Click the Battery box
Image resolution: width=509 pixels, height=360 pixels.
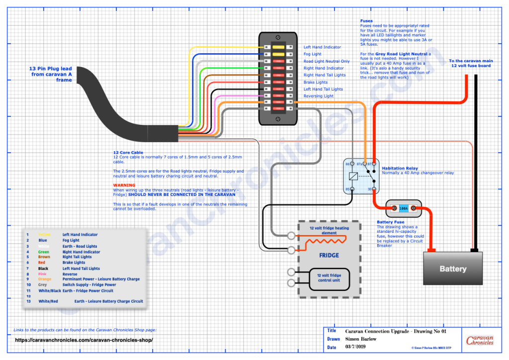pyautogui.click(x=452, y=269)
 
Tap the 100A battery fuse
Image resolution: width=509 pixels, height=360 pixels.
pyautogui.click(x=403, y=209)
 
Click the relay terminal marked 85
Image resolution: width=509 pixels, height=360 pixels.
pyautogui.click(x=352, y=189)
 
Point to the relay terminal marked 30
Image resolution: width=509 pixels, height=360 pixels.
pyautogui.click(x=371, y=189)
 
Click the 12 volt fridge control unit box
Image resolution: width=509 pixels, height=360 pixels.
pyautogui.click(x=329, y=277)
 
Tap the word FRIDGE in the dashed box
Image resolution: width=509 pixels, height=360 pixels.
pyautogui.click(x=329, y=255)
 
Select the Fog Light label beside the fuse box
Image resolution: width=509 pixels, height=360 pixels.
pyautogui.click(x=312, y=54)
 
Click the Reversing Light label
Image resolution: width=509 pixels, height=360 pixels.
pyautogui.click(x=319, y=96)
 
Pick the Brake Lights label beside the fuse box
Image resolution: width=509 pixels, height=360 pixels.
pyautogui.click(x=316, y=82)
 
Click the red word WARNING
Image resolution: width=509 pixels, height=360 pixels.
pyautogui.click(x=124, y=185)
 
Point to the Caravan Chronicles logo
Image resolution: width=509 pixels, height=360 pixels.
pyautogui.click(x=480, y=340)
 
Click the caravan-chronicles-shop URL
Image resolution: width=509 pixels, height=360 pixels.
pyautogui.click(x=83, y=340)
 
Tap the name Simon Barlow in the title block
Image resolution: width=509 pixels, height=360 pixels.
pyautogui.click(x=360, y=339)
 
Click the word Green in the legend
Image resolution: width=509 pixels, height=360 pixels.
pyautogui.click(x=44, y=252)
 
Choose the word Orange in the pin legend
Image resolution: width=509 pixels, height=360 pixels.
pyautogui.click(x=45, y=279)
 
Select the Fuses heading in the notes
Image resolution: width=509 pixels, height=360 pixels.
pyautogui.click(x=367, y=21)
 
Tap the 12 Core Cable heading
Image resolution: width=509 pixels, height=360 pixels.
pyautogui.click(x=128, y=153)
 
